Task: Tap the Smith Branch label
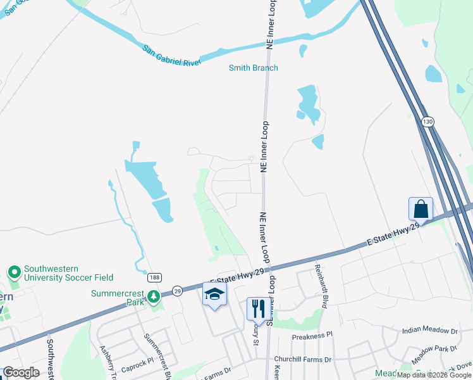click(254, 68)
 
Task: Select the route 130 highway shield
click(428, 121)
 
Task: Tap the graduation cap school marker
click(215, 294)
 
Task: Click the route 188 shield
click(154, 277)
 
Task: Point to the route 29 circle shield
click(178, 289)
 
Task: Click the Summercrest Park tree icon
click(152, 297)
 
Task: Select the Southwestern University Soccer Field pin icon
click(15, 272)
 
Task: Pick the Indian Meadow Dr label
click(429, 331)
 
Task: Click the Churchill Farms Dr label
click(302, 359)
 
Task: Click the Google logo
click(21, 372)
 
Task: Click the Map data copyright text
click(434, 375)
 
